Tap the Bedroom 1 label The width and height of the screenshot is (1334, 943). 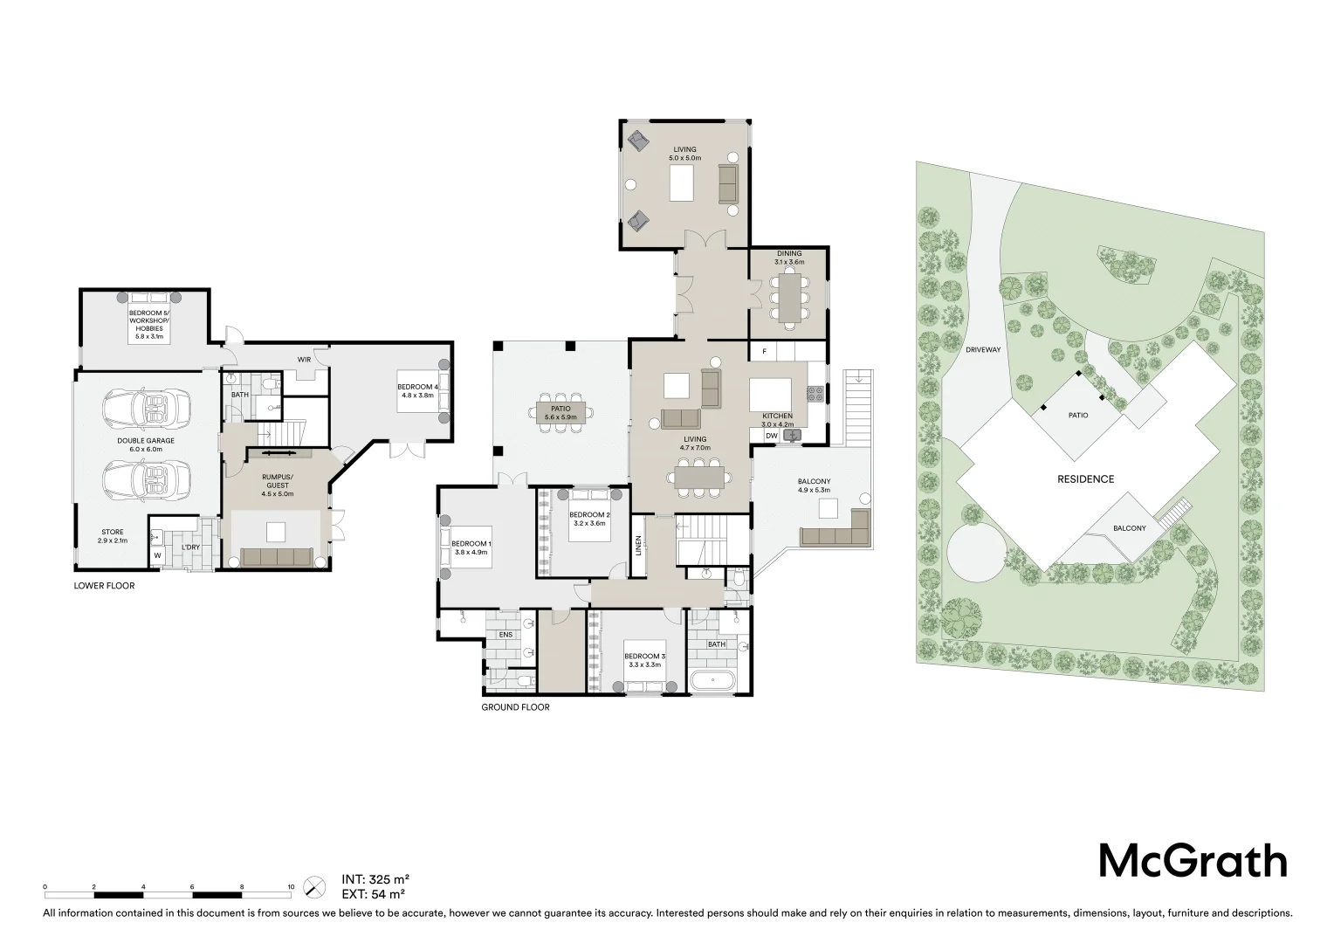(471, 547)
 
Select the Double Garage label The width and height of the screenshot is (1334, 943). (146, 445)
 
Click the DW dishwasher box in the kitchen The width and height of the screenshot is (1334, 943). (772, 436)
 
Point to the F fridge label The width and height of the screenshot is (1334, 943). (765, 352)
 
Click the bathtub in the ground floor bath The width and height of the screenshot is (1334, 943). (713, 681)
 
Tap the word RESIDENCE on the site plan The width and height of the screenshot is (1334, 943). (1086, 479)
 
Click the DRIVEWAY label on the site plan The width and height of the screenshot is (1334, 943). (983, 349)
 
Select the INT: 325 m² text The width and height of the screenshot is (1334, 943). (375, 879)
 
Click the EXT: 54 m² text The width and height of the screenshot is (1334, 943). (374, 894)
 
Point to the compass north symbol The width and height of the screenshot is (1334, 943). (314, 887)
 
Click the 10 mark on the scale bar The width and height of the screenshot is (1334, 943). (292, 887)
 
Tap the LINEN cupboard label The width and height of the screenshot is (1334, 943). (638, 546)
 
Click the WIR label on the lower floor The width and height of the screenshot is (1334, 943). (305, 360)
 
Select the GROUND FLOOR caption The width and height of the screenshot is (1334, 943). (516, 707)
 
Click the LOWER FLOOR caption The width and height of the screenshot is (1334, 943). (104, 586)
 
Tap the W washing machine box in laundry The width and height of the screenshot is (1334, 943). (157, 556)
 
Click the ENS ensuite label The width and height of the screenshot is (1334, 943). (505, 635)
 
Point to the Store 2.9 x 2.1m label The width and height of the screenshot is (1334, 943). (113, 536)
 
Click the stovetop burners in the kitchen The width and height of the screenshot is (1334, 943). (815, 394)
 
